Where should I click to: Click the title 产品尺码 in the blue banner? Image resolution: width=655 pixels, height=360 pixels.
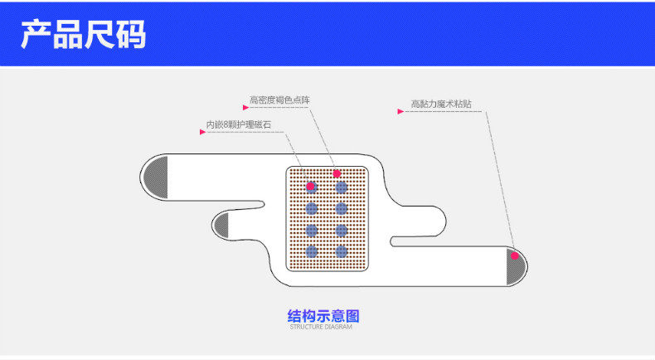pos(83,34)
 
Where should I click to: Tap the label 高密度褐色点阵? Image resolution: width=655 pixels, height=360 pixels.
pos(279,100)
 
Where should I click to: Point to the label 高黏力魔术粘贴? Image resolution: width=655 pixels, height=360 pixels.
pos(446,105)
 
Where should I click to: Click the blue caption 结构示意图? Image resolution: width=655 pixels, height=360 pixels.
pos(323,316)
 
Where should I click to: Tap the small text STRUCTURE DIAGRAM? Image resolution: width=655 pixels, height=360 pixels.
pos(321,328)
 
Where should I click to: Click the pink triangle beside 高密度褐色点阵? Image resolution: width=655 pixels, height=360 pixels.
pos(246,107)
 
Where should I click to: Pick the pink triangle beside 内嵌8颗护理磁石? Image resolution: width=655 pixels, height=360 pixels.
pos(201,131)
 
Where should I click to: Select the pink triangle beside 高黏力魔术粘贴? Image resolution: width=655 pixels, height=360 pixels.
pos(400,111)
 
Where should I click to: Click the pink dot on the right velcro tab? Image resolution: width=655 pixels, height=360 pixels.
pos(514,255)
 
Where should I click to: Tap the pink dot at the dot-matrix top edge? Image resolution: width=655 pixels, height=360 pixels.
pos(337,173)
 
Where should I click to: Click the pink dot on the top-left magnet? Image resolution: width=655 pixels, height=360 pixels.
pos(311,187)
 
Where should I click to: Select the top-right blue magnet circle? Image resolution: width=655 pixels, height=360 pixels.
pos(341,187)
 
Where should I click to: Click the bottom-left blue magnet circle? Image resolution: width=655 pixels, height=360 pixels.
pos(312,251)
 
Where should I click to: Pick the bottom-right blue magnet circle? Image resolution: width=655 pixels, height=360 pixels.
pos(341,251)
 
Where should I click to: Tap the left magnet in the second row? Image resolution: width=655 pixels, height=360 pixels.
pos(312,208)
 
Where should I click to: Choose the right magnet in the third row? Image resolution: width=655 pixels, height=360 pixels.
pos(341,230)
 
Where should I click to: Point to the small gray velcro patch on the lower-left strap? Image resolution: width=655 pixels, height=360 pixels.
pos(221,225)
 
